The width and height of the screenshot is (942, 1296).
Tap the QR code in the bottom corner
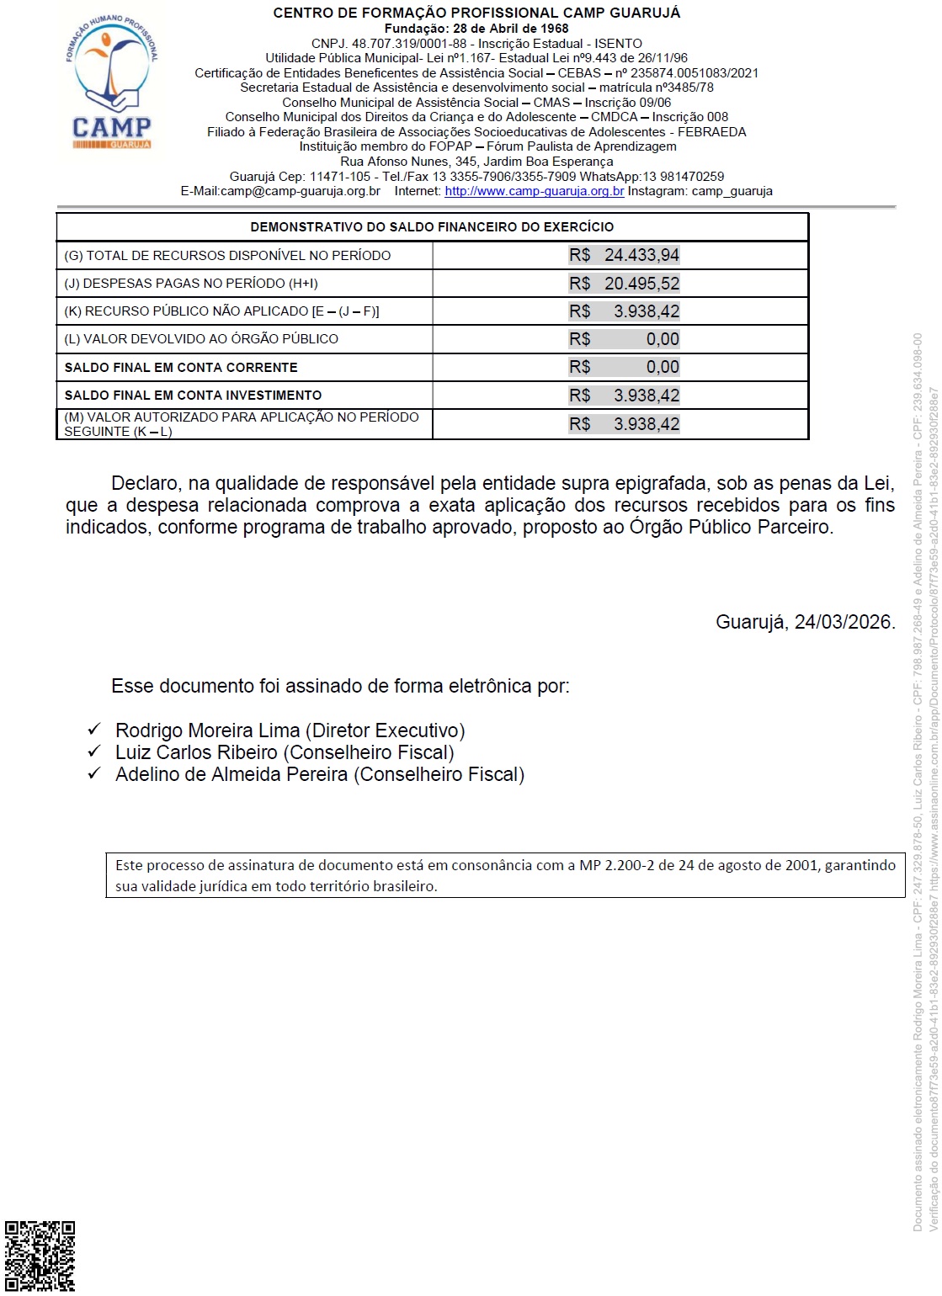[x=40, y=1256]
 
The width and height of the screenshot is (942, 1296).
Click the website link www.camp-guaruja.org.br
[x=535, y=191]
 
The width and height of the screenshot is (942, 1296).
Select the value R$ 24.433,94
[x=624, y=255]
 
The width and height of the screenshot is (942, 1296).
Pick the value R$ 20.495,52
[x=624, y=284]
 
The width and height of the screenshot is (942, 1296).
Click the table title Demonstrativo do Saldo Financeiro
[x=432, y=227]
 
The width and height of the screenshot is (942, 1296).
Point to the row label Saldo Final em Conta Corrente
[x=181, y=368]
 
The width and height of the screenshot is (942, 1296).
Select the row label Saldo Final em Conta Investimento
[x=193, y=396]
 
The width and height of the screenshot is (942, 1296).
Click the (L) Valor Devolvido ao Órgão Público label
[x=201, y=339]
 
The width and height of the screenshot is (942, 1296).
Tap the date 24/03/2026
[x=843, y=622]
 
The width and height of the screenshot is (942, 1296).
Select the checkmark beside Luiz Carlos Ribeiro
[x=94, y=752]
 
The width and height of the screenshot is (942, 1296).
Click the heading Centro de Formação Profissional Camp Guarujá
[x=476, y=13]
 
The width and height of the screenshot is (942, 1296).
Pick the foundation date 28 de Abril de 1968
[x=511, y=29]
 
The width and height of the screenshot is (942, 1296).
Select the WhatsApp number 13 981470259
[x=683, y=177]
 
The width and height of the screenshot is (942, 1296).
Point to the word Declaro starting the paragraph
[x=146, y=484]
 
